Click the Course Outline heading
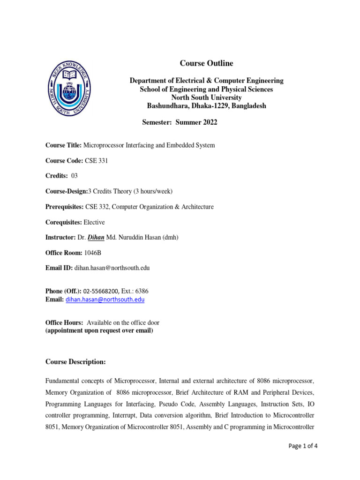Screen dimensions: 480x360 [x=206, y=63]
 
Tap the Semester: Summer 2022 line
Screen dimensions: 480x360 [x=180, y=122]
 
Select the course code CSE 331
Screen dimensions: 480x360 [x=96, y=160]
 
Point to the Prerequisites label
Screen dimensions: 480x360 [x=64, y=206]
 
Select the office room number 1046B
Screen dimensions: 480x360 [x=92, y=253]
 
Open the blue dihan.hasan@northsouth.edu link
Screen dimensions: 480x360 [x=105, y=299]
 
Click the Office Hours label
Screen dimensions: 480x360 [x=64, y=322]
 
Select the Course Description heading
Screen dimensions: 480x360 [x=75, y=362]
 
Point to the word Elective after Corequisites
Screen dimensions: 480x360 [x=94, y=222]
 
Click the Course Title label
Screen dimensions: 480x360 [x=63, y=145]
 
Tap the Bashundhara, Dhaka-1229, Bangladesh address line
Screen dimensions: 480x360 [x=206, y=106]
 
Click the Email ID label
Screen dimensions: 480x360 [x=59, y=268]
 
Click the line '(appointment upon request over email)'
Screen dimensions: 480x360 [x=99, y=330]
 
